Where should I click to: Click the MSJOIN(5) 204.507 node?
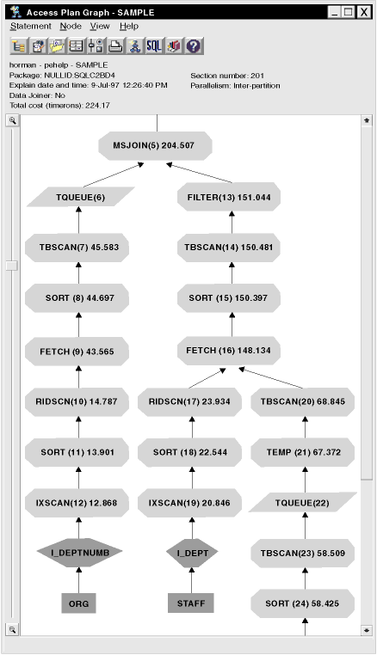[x=155, y=146]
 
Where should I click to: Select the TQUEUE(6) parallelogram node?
[x=81, y=197]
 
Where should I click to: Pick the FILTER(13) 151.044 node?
[x=229, y=197]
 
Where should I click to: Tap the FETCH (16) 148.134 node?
[x=229, y=351]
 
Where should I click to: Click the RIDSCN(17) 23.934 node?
[x=189, y=402]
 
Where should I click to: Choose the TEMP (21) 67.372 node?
[x=303, y=452]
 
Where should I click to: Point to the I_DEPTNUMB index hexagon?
[x=79, y=553]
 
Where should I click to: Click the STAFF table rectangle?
[x=191, y=603]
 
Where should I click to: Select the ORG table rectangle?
[x=78, y=603]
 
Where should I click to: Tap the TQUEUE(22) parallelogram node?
[x=303, y=503]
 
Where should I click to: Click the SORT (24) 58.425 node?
[x=303, y=603]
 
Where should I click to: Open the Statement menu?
[x=30, y=26]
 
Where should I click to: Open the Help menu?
[x=129, y=26]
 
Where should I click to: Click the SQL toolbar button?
[x=153, y=46]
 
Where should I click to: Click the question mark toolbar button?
[x=194, y=46]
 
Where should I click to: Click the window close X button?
[x=363, y=12]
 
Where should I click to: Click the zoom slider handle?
[x=12, y=266]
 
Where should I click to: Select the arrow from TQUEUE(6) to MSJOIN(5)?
[x=114, y=175]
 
